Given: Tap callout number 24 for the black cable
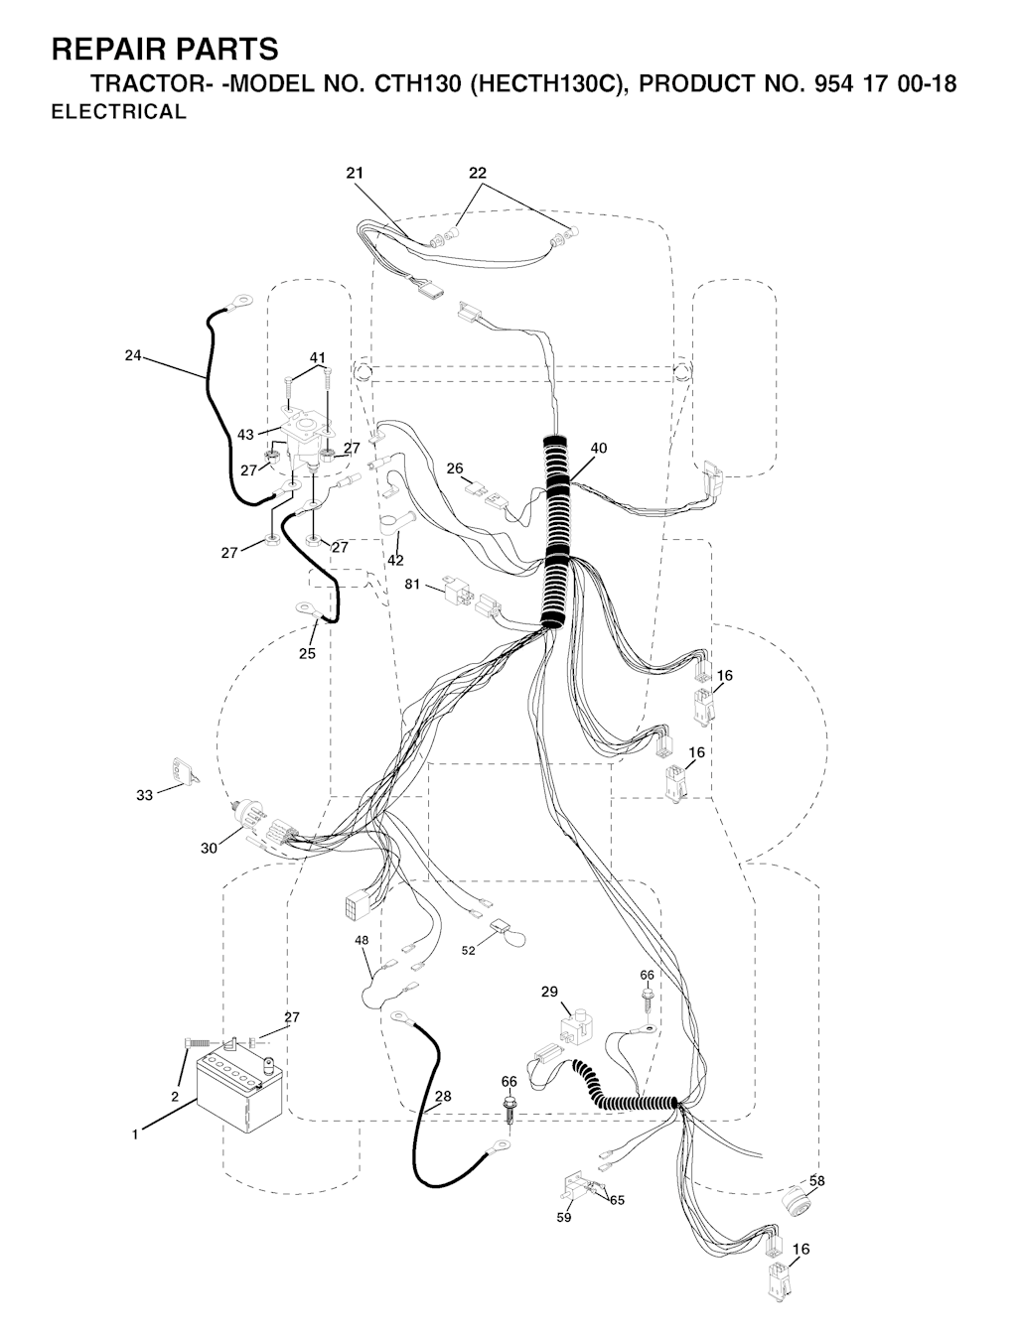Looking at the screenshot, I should point(133,355).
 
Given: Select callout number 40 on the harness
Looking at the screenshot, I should point(598,448).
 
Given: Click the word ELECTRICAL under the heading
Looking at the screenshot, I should point(118,112).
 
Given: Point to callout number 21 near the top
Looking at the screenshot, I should point(355,173).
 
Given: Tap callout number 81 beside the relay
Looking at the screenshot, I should point(414,585).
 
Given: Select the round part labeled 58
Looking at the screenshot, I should point(799,1202).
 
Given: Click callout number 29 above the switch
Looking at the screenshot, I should point(549,992).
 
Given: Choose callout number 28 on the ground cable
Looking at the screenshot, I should point(442,1096).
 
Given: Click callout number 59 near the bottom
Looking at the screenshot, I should point(564,1217).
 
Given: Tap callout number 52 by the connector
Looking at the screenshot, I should point(469,950).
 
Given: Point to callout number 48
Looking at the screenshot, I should point(362,939).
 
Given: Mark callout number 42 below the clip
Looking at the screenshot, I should point(395,561).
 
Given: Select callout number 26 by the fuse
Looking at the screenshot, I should point(455,467).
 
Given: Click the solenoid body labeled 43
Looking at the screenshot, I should point(303,440).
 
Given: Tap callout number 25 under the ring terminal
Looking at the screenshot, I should point(308,653).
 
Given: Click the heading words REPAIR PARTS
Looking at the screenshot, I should point(165,49).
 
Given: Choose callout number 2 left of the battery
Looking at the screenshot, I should point(175,1097).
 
